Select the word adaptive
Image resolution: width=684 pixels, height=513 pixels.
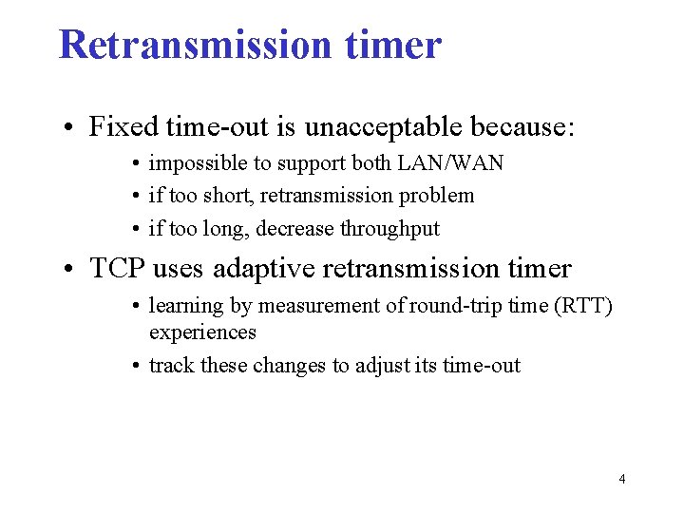265,270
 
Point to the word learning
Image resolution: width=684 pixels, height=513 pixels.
184,306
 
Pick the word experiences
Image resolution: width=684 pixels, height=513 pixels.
202,332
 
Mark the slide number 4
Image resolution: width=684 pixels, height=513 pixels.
621,479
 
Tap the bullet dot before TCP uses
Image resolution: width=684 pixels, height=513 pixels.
71,270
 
